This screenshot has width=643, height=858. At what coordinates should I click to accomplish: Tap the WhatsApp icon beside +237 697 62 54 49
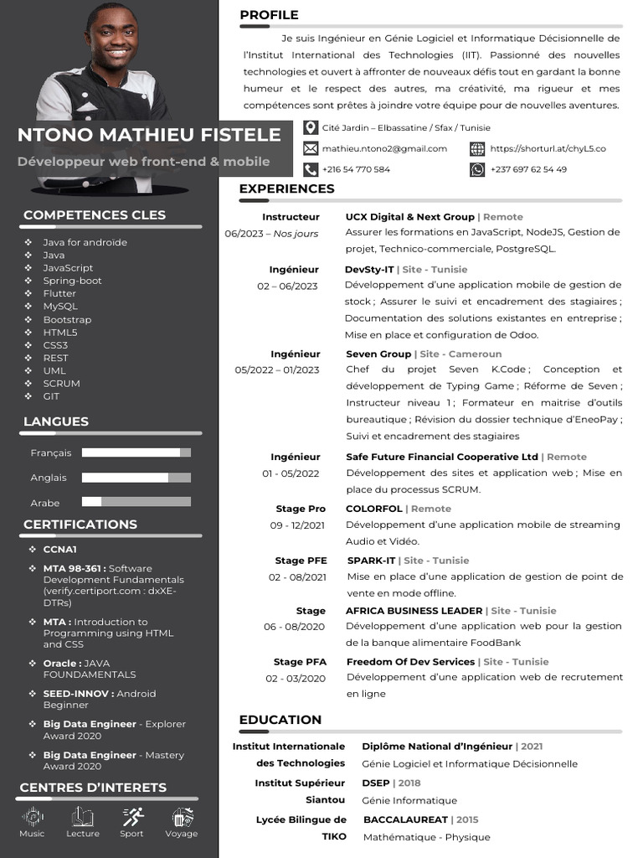tap(477, 169)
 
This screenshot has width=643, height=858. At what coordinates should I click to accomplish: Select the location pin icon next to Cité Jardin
tap(310, 127)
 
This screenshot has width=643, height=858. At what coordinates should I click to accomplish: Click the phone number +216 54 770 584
tap(356, 169)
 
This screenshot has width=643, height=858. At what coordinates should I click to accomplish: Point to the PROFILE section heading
tap(269, 15)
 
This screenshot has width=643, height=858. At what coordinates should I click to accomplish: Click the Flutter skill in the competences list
tap(59, 293)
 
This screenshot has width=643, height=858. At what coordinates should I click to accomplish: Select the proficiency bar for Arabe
tap(136, 502)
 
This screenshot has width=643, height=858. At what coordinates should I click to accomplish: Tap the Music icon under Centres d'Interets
tap(33, 816)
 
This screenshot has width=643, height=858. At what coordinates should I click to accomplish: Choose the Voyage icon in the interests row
tap(182, 816)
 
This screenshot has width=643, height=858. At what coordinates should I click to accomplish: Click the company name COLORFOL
tap(373, 509)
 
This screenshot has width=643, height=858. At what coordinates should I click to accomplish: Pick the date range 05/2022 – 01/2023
tap(277, 370)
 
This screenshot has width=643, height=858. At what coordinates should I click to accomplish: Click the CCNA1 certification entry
tap(60, 550)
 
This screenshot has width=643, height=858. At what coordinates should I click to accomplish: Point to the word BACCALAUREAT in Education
tap(405, 819)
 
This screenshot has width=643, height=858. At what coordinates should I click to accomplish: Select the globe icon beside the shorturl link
tap(477, 148)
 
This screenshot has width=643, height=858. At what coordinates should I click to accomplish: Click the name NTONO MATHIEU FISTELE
tap(149, 135)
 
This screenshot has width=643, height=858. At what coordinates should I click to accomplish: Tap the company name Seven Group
tap(378, 354)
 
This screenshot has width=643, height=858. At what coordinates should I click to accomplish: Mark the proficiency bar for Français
tap(136, 452)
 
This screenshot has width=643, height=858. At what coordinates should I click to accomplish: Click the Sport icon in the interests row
tap(131, 816)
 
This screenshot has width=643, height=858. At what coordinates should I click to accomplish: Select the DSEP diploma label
tap(376, 783)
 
